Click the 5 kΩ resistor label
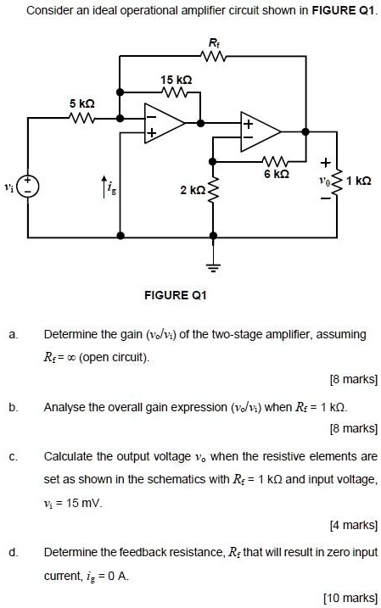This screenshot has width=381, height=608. pyautogui.click(x=81, y=103)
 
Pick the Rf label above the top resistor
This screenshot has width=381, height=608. pyautogui.click(x=213, y=42)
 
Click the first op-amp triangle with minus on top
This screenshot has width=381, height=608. pyautogui.click(x=162, y=124)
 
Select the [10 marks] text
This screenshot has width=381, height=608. pyautogui.click(x=350, y=598)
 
